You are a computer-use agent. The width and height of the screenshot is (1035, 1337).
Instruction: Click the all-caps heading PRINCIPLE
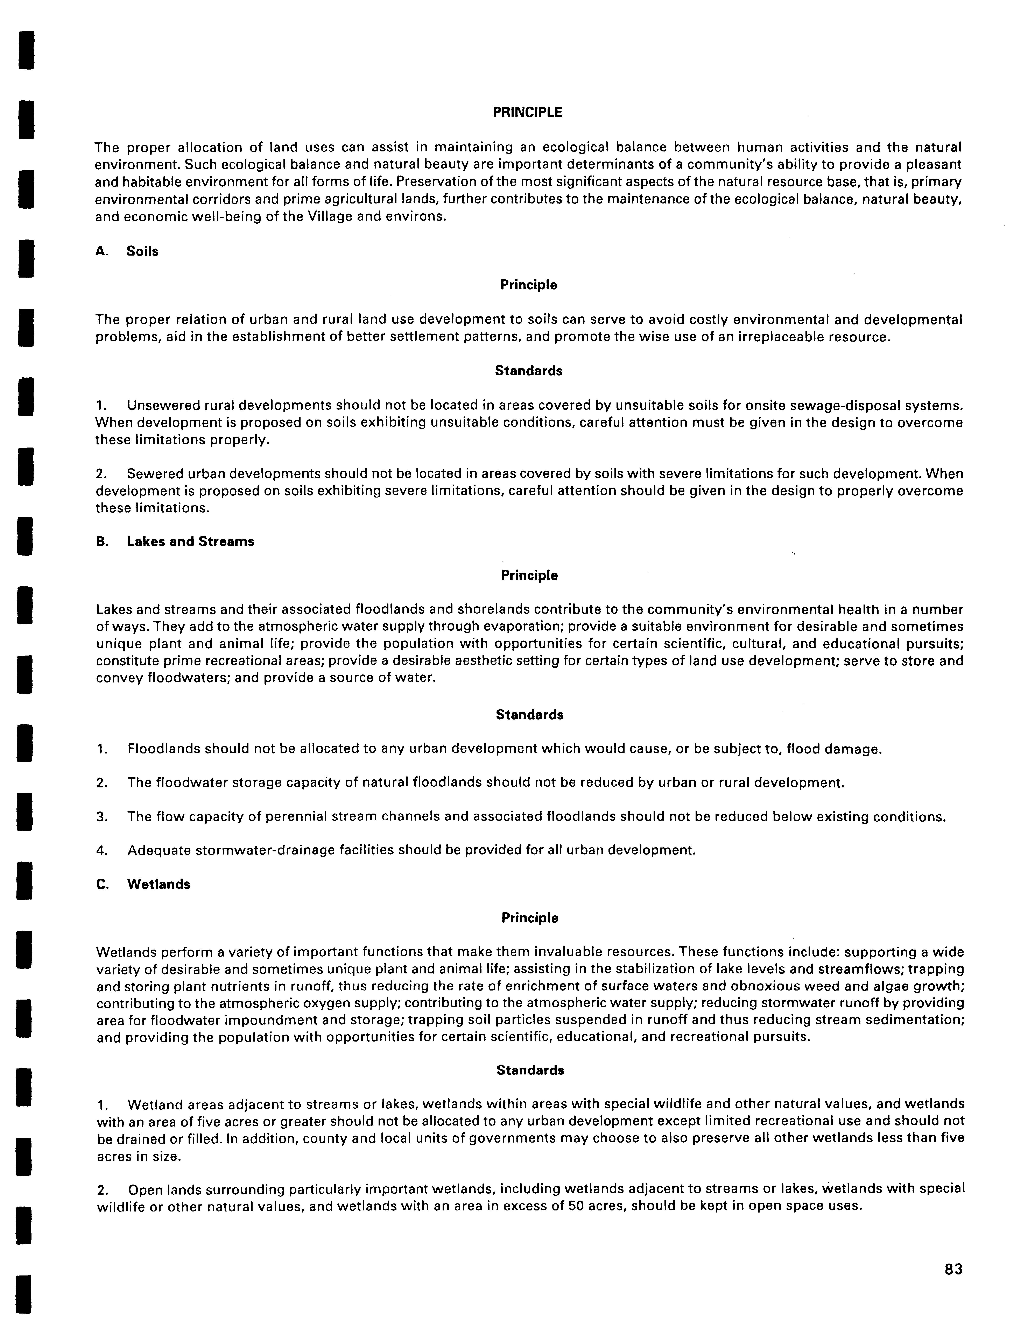click(x=527, y=112)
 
